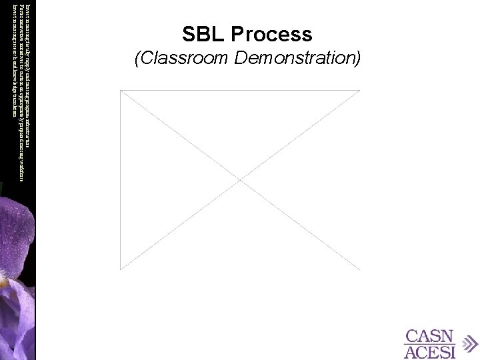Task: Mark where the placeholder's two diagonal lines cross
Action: coord(240,180)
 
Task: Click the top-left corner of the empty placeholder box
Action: coord(121,91)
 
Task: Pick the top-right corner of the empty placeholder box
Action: coord(359,91)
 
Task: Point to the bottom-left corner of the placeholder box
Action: coord(121,269)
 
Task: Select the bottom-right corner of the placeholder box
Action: coord(359,269)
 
